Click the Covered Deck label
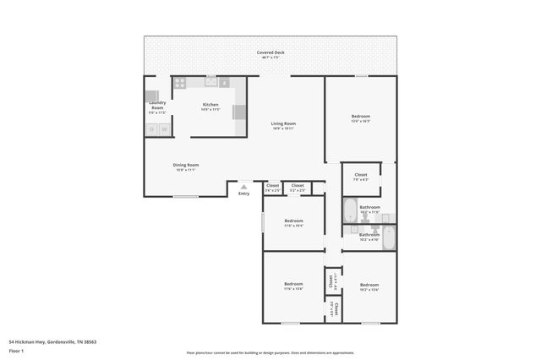click(270, 54)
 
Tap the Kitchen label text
click(210, 106)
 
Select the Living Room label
click(283, 126)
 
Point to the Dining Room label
click(186, 166)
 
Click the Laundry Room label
click(157, 106)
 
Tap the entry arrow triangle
click(243, 187)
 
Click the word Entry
click(243, 194)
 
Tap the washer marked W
click(165, 129)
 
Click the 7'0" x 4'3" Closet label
click(361, 177)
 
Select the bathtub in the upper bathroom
click(350, 210)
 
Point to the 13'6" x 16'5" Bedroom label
click(361, 118)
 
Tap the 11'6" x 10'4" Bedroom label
click(293, 223)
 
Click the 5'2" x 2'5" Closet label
click(298, 188)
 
